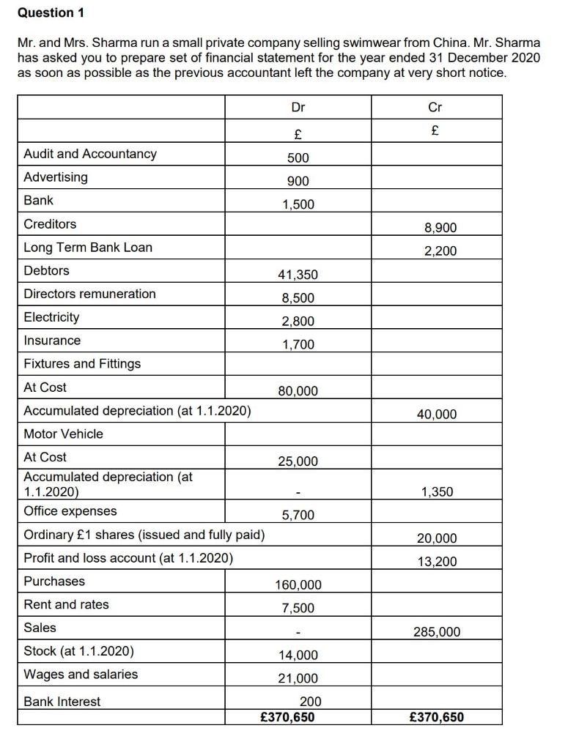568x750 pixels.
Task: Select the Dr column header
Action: [x=298, y=108]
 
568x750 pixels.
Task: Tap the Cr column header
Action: [x=435, y=108]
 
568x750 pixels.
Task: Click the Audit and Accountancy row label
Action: [x=90, y=154]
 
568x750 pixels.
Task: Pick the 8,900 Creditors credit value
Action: [x=440, y=228]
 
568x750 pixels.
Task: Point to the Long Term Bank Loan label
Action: [x=88, y=248]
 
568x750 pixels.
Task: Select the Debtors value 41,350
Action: [x=298, y=275]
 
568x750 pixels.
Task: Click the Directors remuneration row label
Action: [x=89, y=294]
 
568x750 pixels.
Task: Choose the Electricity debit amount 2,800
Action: [x=298, y=321]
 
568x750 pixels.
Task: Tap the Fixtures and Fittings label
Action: [x=82, y=364]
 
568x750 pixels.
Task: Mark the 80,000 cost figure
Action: [x=298, y=391]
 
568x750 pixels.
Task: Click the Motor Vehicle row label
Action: [x=64, y=434]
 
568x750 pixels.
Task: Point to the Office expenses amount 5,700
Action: [x=298, y=515]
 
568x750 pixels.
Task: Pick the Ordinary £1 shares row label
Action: [x=144, y=535]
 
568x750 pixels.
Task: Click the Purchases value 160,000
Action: [x=298, y=584]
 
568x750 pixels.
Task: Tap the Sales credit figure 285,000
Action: [x=437, y=631]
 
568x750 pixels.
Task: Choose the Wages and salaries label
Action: [x=81, y=675]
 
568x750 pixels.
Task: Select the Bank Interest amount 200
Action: [x=310, y=702]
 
